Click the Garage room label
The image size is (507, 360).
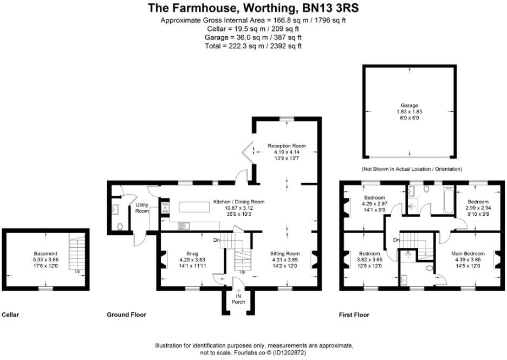[x=409, y=105]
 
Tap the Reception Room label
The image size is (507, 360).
[x=287, y=146]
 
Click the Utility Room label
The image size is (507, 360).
[x=142, y=208]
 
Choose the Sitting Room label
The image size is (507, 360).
[x=285, y=253]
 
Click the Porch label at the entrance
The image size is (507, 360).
[x=238, y=302]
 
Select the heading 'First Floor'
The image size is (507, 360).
[x=354, y=314]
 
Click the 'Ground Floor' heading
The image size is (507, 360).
[x=126, y=314]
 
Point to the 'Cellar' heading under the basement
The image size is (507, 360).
[x=11, y=314]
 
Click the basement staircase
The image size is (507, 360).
[x=76, y=252]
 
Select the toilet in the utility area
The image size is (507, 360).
[x=120, y=227]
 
